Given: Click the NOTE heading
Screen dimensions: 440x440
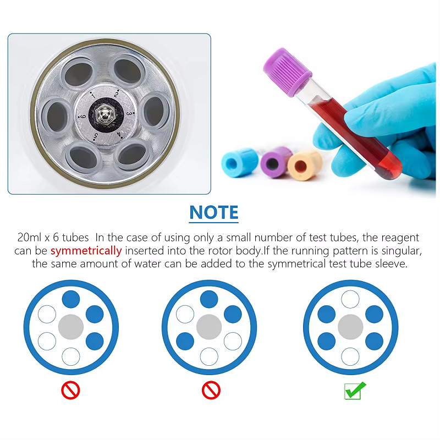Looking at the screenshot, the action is click(214, 212).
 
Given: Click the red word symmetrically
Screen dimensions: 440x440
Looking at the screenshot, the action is click(86, 251).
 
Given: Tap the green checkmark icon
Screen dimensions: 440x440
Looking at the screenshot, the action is click(355, 391).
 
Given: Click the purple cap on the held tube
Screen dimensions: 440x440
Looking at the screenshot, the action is click(287, 72).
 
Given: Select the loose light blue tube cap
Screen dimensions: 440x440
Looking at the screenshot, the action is click(240, 162).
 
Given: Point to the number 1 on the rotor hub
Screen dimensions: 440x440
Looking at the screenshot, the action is click(93, 95).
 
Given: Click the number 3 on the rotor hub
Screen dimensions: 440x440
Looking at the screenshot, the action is click(129, 113).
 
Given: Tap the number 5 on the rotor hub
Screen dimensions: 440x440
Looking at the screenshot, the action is click(96, 136).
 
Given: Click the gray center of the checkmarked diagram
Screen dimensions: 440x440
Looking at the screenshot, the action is click(350, 327).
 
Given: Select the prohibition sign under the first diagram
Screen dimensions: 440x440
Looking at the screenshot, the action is click(70, 390).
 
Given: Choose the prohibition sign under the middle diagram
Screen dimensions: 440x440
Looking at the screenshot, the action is click(211, 390).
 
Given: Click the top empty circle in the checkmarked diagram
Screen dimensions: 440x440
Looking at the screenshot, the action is click(350, 299).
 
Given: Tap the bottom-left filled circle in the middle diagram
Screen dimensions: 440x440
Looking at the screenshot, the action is click(185, 341).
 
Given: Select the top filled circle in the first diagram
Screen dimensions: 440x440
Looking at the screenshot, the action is click(71, 299).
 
